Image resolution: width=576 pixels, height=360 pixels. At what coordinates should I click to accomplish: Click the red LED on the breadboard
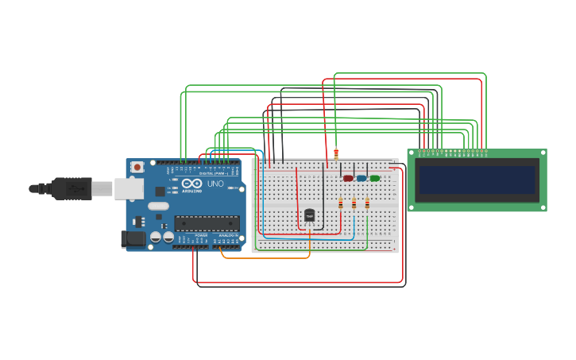point(348,178)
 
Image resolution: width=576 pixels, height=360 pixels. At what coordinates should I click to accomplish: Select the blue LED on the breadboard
point(361,178)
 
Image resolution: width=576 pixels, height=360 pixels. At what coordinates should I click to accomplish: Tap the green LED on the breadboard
point(375,178)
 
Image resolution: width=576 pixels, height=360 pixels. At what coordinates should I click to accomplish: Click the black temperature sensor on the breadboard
point(309,215)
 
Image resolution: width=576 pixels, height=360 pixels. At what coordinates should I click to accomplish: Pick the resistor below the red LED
point(341,203)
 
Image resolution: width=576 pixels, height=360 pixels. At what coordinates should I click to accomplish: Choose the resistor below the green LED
point(367,203)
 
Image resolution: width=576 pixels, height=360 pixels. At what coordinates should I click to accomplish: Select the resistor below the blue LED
point(354,203)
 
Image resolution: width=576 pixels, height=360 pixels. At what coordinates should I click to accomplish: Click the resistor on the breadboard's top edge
point(336,153)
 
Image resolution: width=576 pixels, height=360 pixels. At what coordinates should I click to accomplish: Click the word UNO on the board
point(215,184)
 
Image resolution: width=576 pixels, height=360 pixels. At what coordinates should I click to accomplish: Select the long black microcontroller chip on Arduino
point(207,223)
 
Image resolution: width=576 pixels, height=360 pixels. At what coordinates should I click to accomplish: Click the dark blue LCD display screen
point(477,180)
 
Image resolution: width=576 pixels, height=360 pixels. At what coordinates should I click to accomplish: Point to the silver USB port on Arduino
point(128,188)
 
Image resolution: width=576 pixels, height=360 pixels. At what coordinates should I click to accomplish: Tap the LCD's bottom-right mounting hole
point(543,207)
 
